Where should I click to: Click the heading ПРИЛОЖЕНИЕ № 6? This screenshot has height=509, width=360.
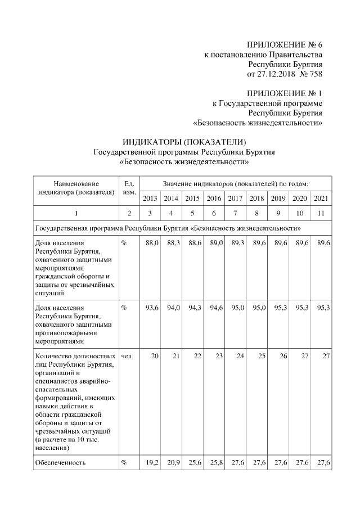click(x=285, y=44)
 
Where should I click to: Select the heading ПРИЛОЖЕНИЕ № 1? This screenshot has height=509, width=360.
click(x=285, y=93)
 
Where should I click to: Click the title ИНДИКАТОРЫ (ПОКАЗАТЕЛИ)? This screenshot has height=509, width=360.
click(x=184, y=141)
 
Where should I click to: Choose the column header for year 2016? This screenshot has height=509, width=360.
click(x=214, y=198)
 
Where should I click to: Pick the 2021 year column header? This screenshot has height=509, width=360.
click(x=321, y=198)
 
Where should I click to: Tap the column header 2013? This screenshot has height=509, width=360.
click(x=150, y=198)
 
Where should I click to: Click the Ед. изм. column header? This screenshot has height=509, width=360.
click(x=128, y=188)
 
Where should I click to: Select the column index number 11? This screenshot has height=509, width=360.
click(x=321, y=213)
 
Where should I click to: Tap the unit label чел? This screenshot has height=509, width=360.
click(x=127, y=356)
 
